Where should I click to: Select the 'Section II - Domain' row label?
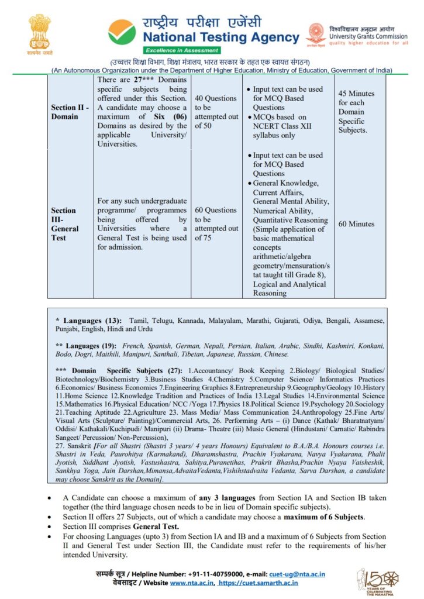click(70, 112)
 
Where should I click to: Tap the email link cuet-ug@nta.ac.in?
click(301, 574)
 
